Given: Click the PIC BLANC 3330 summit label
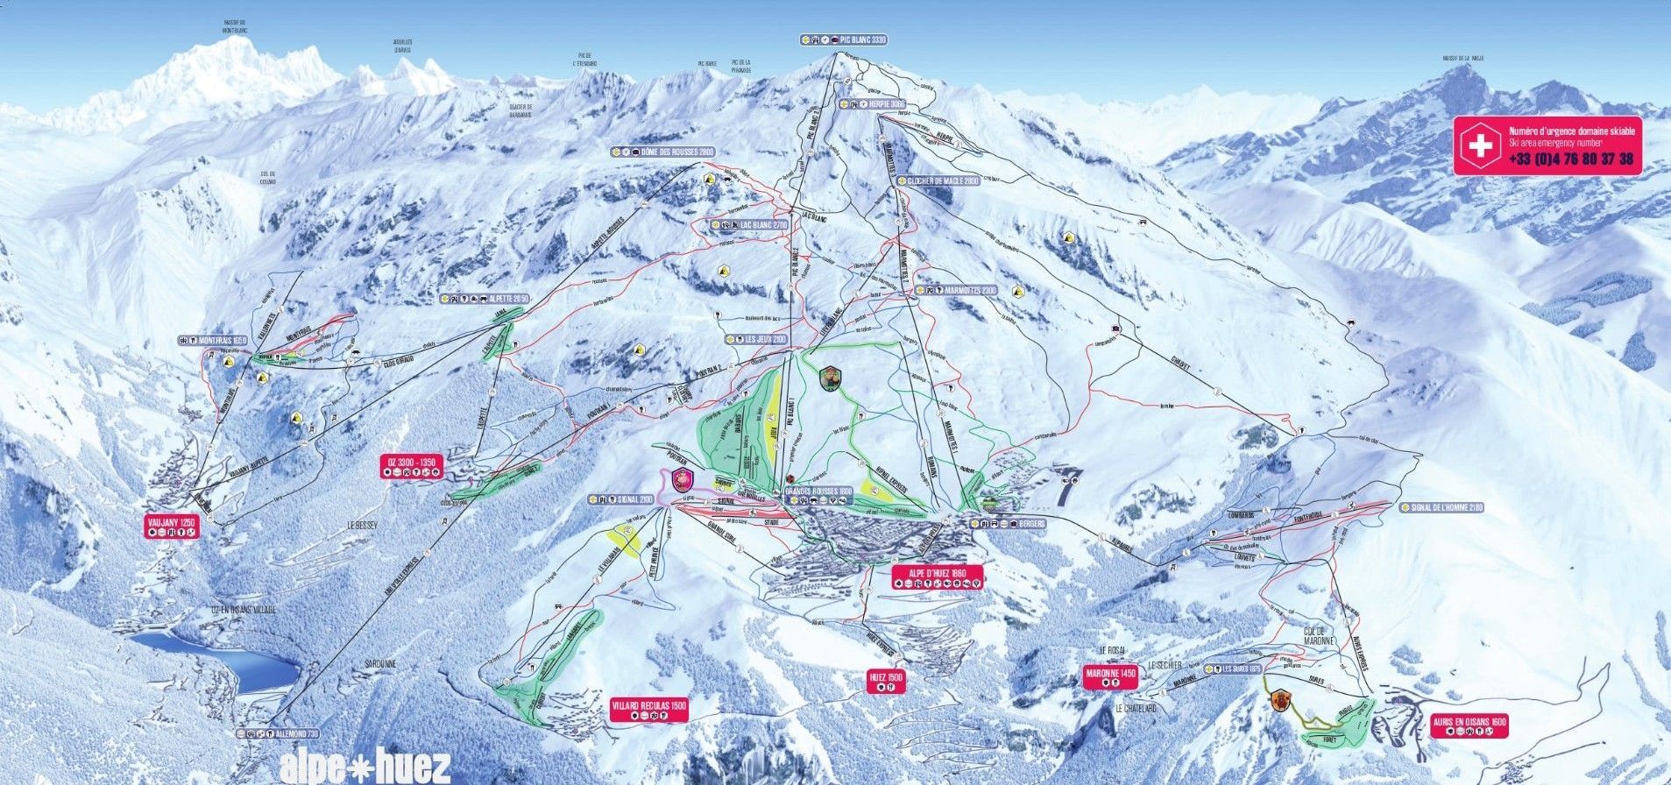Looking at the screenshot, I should (x=845, y=39).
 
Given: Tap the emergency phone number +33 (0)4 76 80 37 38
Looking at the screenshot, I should (x=1570, y=159).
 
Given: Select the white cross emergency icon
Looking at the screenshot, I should (x=1480, y=145).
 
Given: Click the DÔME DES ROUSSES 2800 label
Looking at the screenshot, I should (x=663, y=152).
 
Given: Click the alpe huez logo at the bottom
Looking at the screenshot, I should (x=365, y=767).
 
